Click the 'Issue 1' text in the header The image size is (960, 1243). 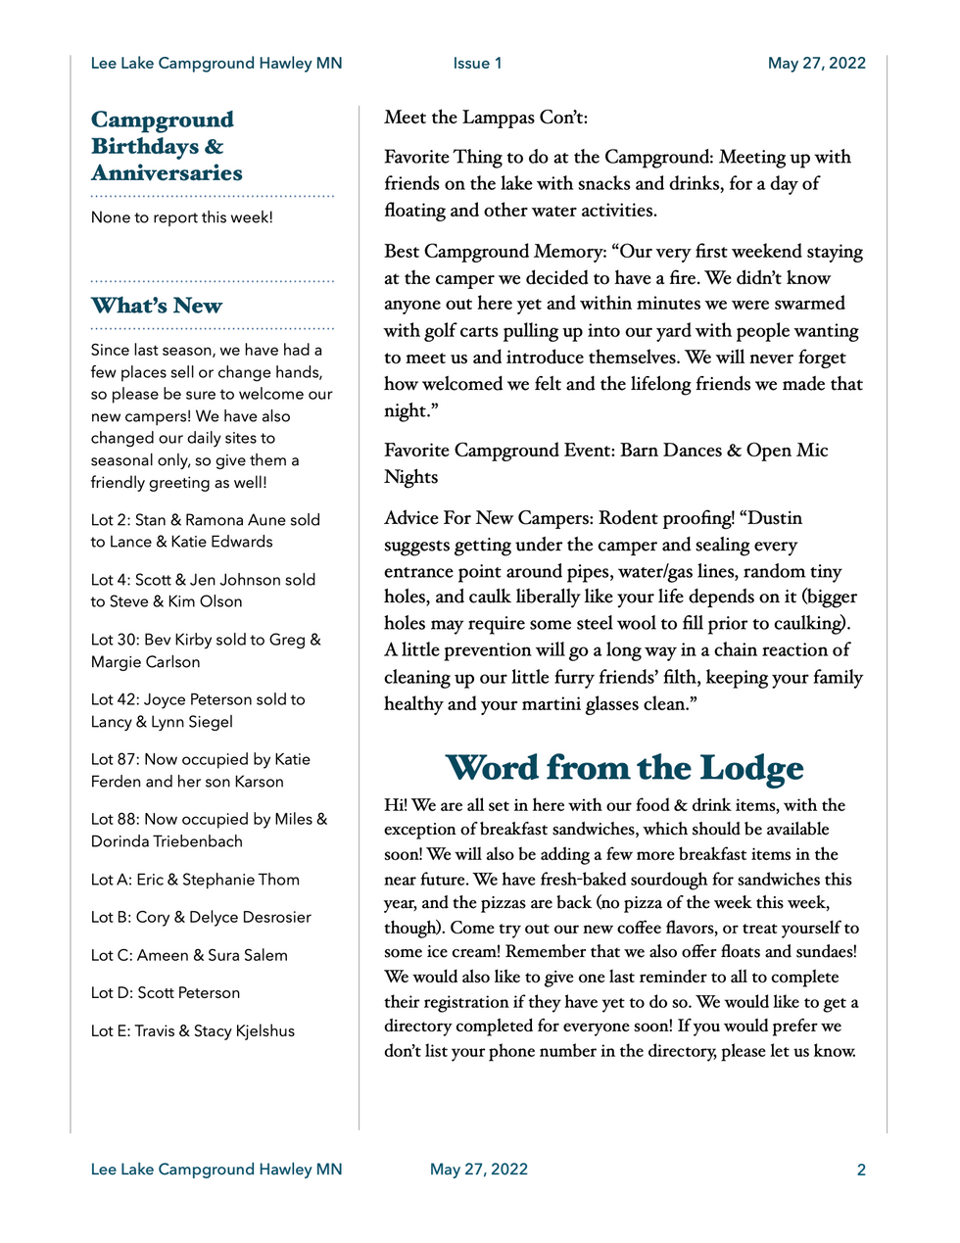point(477,64)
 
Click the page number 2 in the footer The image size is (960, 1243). point(861,1170)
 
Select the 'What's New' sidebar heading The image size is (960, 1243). point(157,306)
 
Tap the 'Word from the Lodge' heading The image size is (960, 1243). point(624,768)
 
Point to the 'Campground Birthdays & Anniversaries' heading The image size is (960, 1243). point(167,146)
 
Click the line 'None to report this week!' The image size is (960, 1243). point(182,217)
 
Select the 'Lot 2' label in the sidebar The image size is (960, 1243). point(110,520)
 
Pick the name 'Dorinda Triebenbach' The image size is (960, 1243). point(167,841)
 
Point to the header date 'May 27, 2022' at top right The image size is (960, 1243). point(816,64)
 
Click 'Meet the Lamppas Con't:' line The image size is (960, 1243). point(486,118)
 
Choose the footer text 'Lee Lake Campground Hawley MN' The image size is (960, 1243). point(216,1170)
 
